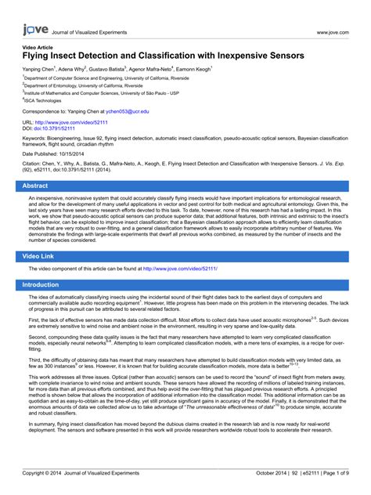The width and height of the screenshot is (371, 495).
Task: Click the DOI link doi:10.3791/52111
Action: tap(54, 128)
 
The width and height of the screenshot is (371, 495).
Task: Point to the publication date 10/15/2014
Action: tap(77, 154)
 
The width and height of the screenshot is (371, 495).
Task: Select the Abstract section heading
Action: tap(34, 186)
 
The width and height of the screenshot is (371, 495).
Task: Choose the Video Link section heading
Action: tap(38, 256)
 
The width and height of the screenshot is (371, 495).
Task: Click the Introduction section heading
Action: tap(41, 285)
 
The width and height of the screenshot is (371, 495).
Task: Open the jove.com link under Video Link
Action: tap(179, 269)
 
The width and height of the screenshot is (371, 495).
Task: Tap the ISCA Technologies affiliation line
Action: tap(43, 101)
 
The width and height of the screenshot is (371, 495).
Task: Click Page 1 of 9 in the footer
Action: tap(333, 474)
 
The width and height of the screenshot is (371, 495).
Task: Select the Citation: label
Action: tap(36, 164)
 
